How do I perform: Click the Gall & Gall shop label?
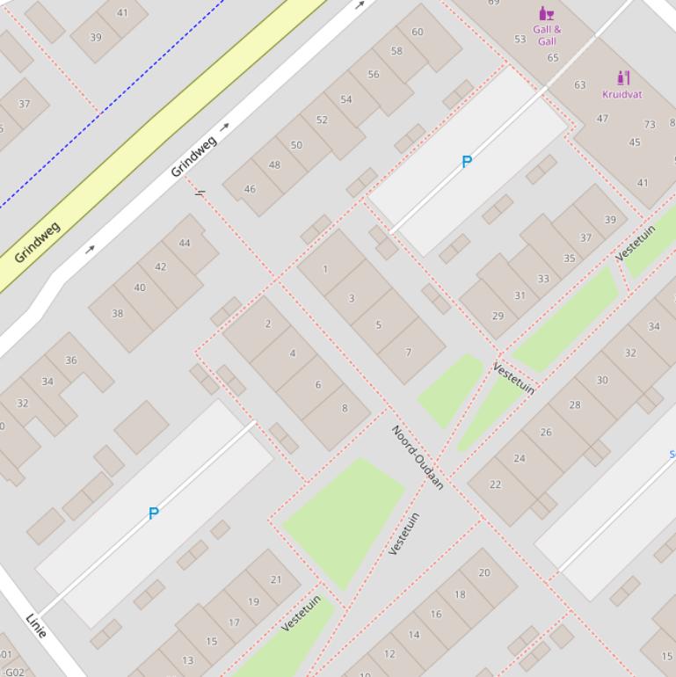click(547, 35)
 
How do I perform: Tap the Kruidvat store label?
click(622, 94)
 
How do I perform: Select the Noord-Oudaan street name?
click(418, 457)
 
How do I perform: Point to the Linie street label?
click(36, 625)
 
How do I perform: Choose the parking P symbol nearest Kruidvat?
click(467, 162)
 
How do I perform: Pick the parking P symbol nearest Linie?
click(154, 513)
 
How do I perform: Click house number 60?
click(418, 32)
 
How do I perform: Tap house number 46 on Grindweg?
click(250, 189)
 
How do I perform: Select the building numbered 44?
click(185, 244)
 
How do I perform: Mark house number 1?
click(325, 269)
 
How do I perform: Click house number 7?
click(408, 353)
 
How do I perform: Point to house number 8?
click(345, 408)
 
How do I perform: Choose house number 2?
click(268, 324)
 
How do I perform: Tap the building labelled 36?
click(71, 360)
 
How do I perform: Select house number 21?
click(276, 579)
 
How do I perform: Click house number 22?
click(496, 484)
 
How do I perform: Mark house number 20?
click(484, 572)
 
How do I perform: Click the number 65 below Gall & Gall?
click(553, 58)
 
